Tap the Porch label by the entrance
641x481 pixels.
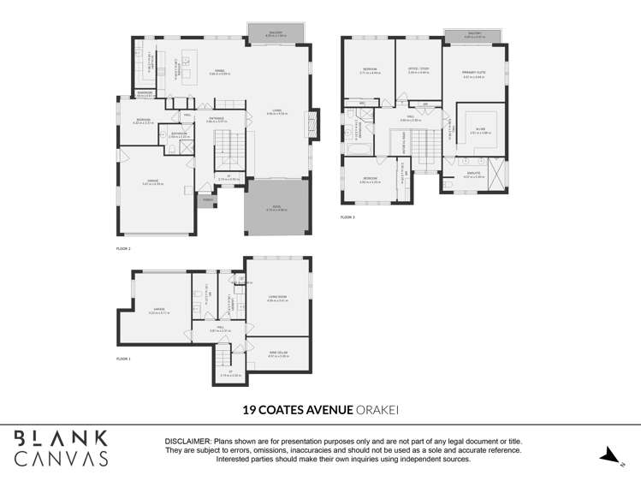[x=207, y=200]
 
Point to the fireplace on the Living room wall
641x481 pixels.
[x=314, y=125]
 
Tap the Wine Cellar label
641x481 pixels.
[x=278, y=353]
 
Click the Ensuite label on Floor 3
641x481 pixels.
[x=474, y=175]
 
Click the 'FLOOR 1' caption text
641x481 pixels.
[x=123, y=359]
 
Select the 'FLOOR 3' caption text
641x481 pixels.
[x=347, y=217]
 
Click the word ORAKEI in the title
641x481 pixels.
[x=379, y=410]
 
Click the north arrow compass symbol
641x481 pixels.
[x=609, y=455]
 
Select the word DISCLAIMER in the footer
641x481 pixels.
[x=187, y=442]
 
